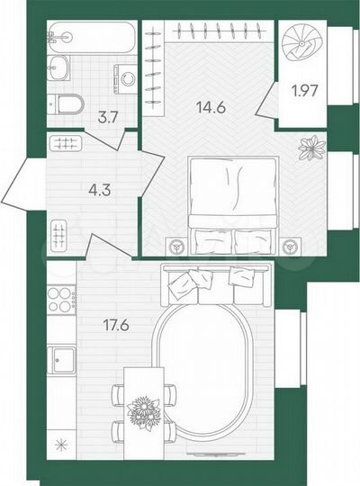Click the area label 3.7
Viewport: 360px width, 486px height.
[105, 113]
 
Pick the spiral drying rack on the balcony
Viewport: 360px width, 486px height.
[306, 42]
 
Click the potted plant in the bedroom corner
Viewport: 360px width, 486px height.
[313, 148]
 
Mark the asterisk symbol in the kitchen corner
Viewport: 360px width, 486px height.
[62, 443]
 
